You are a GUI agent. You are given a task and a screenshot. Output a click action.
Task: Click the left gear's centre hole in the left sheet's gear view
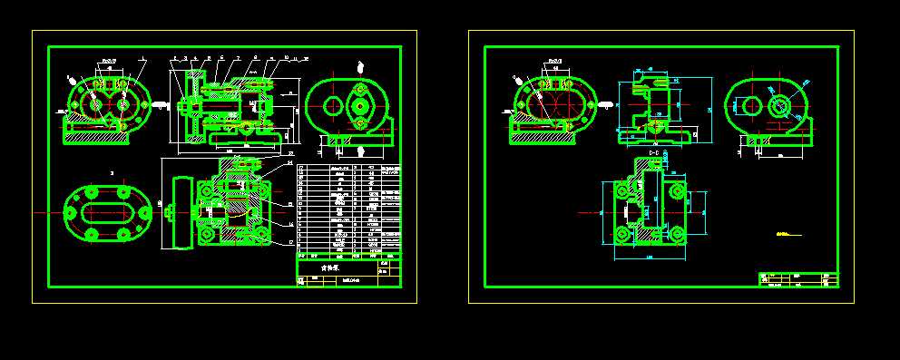95,105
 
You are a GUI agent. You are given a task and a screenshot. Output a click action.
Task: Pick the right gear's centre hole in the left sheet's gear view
122,105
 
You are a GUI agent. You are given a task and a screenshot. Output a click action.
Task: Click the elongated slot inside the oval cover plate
107,213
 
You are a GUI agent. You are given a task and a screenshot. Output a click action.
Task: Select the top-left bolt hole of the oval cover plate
92,192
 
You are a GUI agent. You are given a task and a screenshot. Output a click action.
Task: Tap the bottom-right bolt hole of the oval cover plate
122,234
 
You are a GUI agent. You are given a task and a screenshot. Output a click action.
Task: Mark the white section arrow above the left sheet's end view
361,66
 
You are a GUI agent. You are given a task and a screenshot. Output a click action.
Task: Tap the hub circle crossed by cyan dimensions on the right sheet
778,105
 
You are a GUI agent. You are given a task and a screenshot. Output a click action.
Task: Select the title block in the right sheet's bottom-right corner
798,278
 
